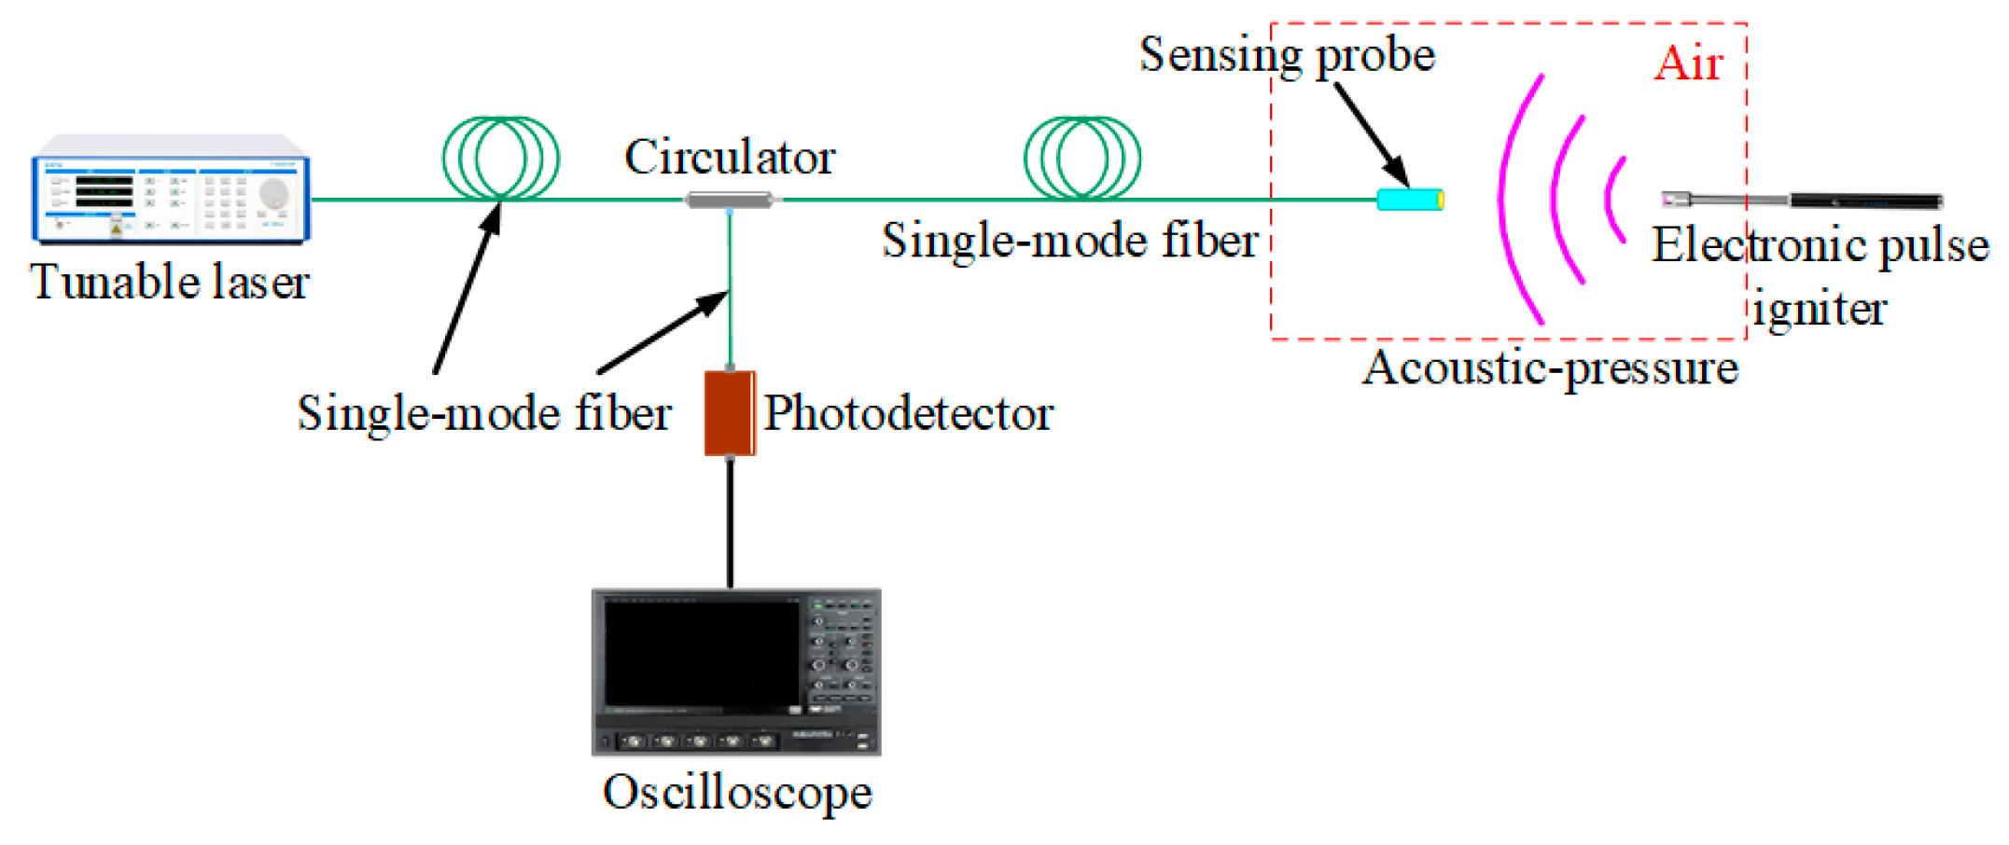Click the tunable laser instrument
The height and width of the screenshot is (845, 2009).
[171, 189]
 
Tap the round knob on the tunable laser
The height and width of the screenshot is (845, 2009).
[273, 194]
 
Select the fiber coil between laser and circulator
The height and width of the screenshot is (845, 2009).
[501, 158]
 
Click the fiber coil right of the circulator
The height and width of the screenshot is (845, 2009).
[1082, 158]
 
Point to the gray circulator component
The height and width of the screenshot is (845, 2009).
[730, 199]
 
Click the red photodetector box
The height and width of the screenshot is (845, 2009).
[729, 412]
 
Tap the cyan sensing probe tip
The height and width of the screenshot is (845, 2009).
[1410, 199]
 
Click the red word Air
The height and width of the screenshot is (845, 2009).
[1688, 64]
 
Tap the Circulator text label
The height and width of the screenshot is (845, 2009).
[730, 157]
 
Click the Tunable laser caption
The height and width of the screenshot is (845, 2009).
[169, 282]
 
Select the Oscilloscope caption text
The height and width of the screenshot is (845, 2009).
[737, 793]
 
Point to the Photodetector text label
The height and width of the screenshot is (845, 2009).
[908, 413]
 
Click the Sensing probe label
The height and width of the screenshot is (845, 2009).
[1287, 54]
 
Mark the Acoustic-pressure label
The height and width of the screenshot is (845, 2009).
[1550, 367]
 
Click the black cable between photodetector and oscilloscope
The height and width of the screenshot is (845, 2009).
[730, 522]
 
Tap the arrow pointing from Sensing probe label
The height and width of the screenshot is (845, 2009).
[1371, 134]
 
